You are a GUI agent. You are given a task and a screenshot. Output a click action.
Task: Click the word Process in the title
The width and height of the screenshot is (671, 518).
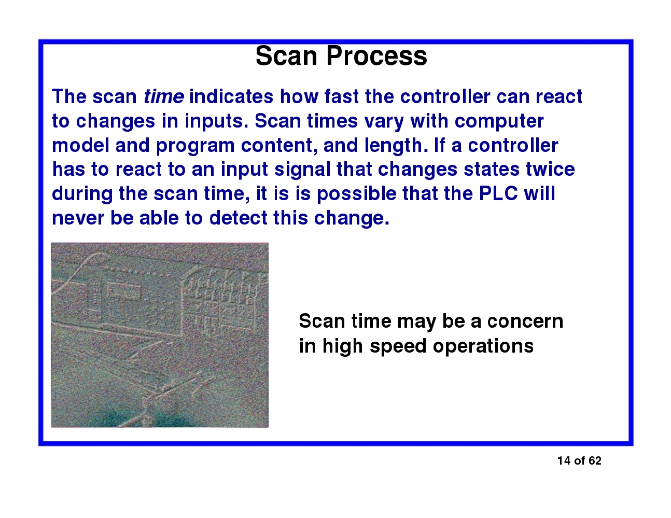(x=377, y=56)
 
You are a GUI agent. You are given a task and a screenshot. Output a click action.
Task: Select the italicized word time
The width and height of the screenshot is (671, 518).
(x=163, y=97)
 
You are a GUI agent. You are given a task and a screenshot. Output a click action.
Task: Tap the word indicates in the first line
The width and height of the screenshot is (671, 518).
(x=231, y=97)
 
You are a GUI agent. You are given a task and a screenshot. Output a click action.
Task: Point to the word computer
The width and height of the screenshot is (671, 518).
(x=499, y=121)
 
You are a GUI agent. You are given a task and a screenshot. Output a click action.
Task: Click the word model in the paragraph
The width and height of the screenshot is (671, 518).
(x=80, y=146)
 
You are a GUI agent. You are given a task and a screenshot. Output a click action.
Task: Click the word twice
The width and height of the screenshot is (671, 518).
(x=550, y=170)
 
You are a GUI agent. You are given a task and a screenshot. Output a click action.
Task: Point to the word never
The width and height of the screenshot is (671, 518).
(x=78, y=218)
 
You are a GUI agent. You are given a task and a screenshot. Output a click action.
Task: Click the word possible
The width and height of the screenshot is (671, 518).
(x=357, y=194)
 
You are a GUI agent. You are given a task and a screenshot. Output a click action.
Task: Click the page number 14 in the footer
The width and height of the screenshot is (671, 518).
(x=564, y=461)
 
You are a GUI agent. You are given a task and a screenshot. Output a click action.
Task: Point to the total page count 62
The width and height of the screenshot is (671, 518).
(x=595, y=461)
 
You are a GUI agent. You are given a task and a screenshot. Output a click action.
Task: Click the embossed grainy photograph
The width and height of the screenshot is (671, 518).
(x=160, y=335)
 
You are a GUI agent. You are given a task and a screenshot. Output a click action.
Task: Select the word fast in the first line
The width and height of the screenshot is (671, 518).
(x=342, y=97)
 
